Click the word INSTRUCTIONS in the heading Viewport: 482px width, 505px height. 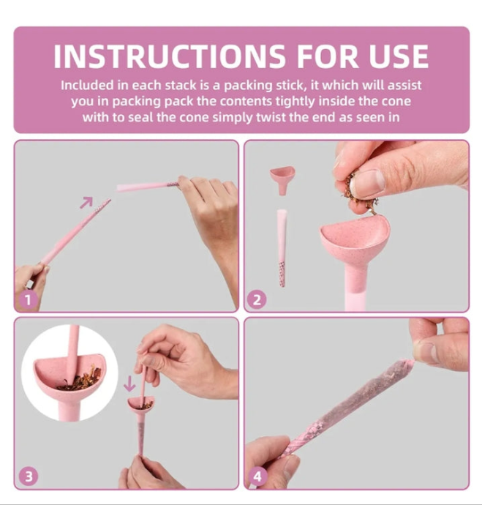[x=169, y=56]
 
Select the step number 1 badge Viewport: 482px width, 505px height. [x=28, y=300]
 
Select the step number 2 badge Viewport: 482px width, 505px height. [x=257, y=300]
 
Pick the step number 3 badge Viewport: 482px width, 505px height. [x=29, y=476]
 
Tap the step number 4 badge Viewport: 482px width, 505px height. [x=257, y=476]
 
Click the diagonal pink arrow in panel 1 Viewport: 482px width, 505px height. [x=86, y=202]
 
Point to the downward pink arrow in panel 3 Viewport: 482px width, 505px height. [x=129, y=384]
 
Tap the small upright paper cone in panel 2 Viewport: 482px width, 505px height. [x=282, y=248]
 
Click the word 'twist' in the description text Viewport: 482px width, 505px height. [x=271, y=117]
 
